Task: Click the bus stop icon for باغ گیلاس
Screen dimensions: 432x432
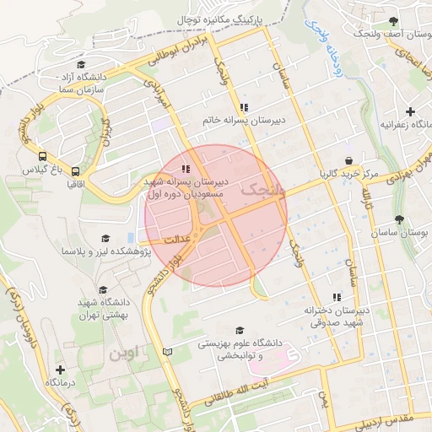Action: click(x=42, y=156)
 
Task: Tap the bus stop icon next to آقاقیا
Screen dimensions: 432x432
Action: click(x=76, y=170)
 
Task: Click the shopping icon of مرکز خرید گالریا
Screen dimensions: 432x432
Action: click(x=348, y=160)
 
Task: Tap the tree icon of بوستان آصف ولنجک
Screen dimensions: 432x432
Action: click(x=392, y=21)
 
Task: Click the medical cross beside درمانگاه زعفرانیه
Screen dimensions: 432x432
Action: click(x=411, y=111)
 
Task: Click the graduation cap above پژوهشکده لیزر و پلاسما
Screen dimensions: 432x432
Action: click(x=105, y=238)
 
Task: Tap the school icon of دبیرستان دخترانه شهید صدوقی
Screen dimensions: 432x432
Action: click(x=337, y=297)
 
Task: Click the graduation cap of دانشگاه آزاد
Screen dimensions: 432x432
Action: click(x=81, y=65)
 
